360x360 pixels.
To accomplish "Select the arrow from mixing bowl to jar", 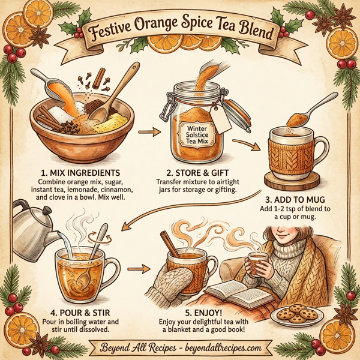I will tap(146, 129).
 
